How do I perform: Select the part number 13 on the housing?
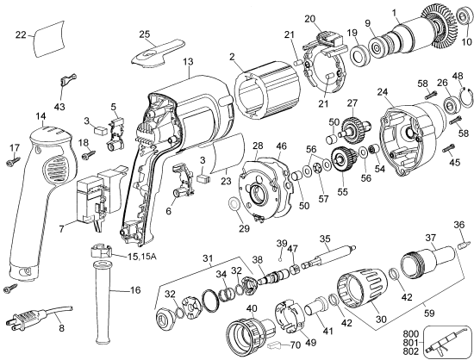[x=188, y=61]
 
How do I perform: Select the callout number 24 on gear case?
[x=381, y=91]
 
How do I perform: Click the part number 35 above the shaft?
[x=325, y=239]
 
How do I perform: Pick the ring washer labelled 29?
[x=234, y=207]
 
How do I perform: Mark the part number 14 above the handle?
[x=40, y=115]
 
